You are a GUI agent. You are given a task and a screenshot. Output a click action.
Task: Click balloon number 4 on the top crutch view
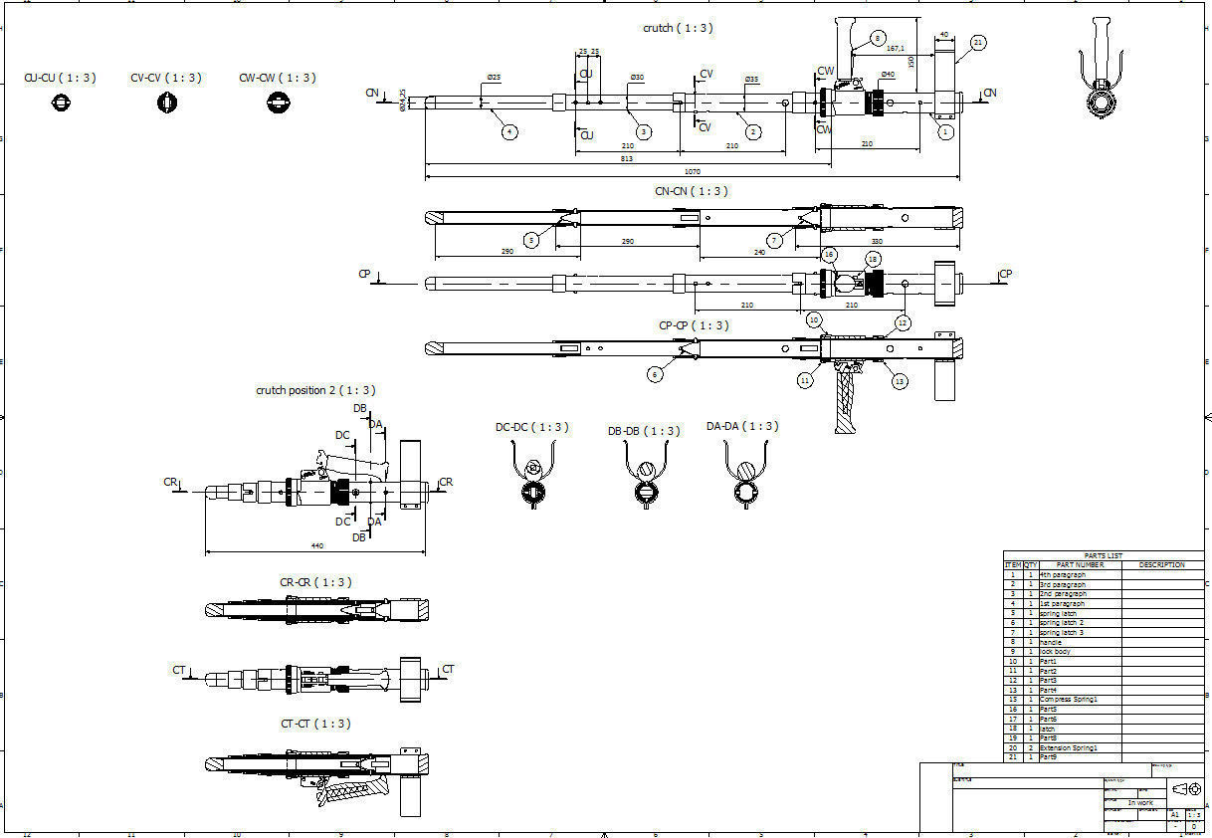[508, 131]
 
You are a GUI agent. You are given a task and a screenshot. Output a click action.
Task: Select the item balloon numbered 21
[979, 43]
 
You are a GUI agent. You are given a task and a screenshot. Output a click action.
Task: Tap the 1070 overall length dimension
[693, 172]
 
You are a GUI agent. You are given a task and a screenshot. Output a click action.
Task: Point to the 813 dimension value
[627, 158]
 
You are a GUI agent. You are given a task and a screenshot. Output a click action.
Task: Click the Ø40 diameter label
[888, 75]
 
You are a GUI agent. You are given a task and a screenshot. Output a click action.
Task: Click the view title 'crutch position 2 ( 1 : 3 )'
[315, 390]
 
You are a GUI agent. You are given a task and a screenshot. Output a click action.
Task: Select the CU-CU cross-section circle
[62, 103]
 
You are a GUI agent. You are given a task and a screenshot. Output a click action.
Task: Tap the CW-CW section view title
[278, 78]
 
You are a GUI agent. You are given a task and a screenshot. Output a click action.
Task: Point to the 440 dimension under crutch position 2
[317, 545]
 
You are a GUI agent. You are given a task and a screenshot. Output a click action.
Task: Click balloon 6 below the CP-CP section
[655, 374]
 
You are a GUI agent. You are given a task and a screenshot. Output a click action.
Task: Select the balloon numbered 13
[900, 380]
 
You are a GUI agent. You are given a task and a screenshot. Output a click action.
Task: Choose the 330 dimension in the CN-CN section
[877, 242]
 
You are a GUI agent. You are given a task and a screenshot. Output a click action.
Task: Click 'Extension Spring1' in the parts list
[1069, 747]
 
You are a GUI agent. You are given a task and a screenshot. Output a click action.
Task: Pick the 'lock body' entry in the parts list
[1055, 652]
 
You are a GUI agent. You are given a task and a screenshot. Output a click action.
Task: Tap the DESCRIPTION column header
[1161, 565]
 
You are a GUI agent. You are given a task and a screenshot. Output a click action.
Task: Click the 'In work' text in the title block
[1140, 802]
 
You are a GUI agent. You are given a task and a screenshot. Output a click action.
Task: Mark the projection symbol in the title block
[1185, 789]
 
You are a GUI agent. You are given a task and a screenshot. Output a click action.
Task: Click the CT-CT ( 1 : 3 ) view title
[315, 724]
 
